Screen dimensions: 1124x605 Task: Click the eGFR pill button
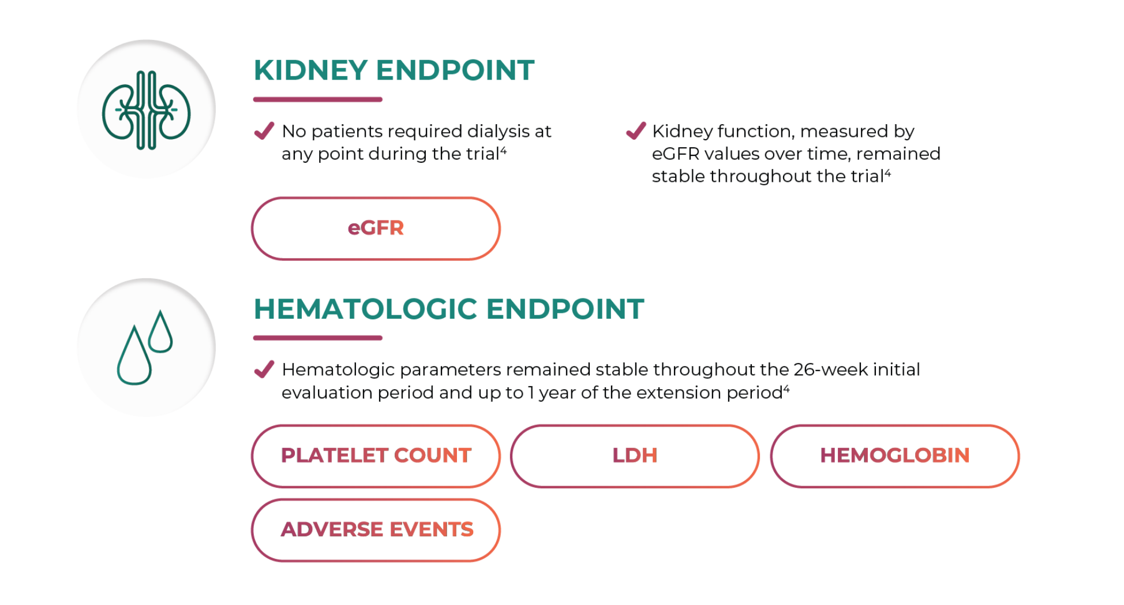point(376,229)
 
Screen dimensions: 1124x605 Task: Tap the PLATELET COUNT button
point(376,456)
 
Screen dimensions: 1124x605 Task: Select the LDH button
point(635,456)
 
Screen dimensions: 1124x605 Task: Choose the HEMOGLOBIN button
point(895,456)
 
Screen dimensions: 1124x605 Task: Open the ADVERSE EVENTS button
point(376,530)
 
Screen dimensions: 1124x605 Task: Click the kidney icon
point(147,110)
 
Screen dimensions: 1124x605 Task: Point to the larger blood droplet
point(134,356)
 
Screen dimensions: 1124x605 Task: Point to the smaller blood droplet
point(160,331)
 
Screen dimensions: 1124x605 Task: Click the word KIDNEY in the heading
point(310,70)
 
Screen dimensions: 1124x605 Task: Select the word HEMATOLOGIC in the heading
point(366,309)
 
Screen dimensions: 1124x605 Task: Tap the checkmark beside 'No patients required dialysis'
point(264,131)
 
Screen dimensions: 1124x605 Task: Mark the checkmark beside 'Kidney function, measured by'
point(636,131)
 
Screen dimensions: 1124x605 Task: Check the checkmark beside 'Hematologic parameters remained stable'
point(264,369)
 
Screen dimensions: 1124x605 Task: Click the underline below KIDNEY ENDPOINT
point(318,99)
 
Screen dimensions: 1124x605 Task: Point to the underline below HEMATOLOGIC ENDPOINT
point(318,338)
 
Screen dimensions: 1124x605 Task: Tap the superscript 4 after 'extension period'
point(786,389)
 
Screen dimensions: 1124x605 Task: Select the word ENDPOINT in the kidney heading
point(455,70)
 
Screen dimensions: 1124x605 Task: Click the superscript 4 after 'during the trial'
point(503,151)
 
